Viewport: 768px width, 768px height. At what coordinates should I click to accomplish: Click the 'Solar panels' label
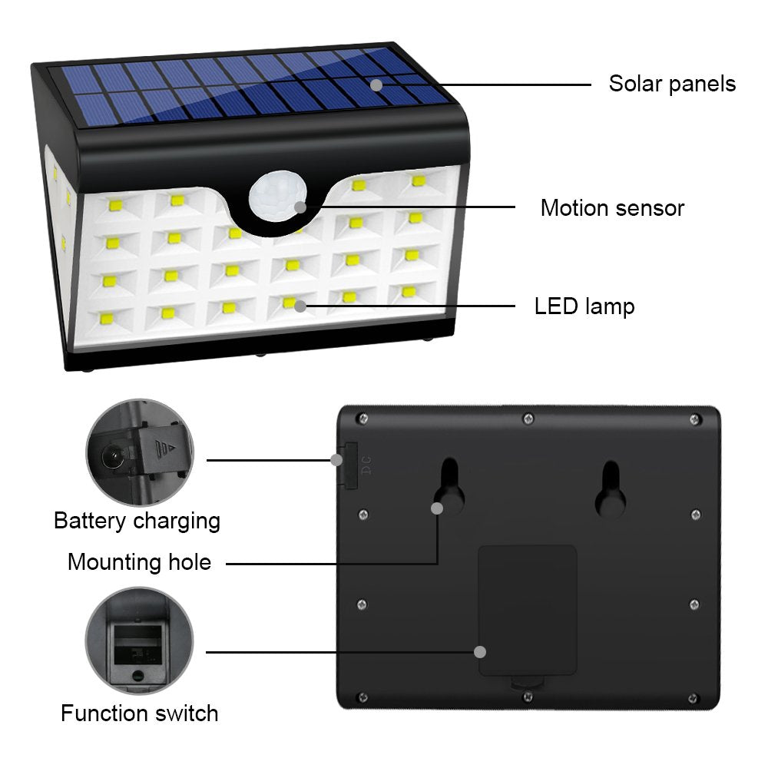(672, 84)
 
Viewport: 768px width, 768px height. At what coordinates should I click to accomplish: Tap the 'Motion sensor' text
(612, 207)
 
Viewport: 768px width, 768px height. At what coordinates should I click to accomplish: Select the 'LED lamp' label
(584, 306)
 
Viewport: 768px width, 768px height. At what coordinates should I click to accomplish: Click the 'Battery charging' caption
(137, 521)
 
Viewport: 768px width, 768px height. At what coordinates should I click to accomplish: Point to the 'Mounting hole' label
(140, 562)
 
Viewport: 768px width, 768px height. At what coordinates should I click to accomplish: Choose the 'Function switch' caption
(140, 713)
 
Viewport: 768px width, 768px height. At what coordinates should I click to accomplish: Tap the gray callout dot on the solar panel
(376, 84)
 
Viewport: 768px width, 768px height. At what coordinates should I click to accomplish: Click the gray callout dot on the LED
(300, 306)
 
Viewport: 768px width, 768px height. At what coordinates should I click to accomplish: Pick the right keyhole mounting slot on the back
(611, 490)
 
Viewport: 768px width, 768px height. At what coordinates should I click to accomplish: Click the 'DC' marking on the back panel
(366, 465)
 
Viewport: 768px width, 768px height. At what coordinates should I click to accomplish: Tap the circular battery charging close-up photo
(140, 452)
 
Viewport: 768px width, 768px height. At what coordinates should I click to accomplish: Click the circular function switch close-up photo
(140, 641)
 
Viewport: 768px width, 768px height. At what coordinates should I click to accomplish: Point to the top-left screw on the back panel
(363, 419)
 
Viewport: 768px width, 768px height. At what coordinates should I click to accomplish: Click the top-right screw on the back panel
(694, 419)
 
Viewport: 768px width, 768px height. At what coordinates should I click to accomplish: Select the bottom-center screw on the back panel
(528, 697)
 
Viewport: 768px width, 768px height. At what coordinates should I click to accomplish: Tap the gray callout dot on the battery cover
(480, 652)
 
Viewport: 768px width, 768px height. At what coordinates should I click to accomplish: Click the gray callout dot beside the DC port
(336, 460)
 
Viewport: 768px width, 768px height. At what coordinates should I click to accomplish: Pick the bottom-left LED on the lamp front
(106, 319)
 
